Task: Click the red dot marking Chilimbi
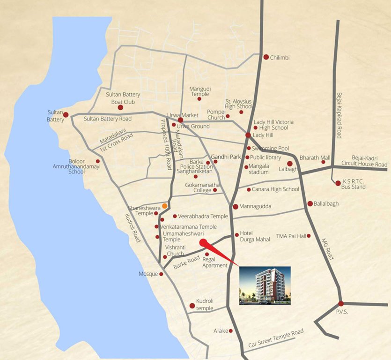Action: pyautogui.click(x=266, y=57)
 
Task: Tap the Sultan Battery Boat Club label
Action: pyautogui.click(x=123, y=98)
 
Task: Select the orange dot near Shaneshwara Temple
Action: pyautogui.click(x=165, y=205)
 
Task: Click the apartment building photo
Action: pyautogui.click(x=265, y=285)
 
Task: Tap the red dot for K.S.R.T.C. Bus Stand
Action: pyautogui.click(x=338, y=183)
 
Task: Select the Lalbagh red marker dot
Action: pyautogui.click(x=290, y=164)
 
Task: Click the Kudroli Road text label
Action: pyautogui.click(x=133, y=228)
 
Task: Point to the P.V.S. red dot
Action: pyautogui.click(x=340, y=303)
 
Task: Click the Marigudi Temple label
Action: pyautogui.click(x=200, y=91)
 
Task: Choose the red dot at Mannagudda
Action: pyautogui.click(x=236, y=206)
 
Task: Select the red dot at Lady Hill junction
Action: pyautogui.click(x=248, y=135)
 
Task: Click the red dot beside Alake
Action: pyautogui.click(x=231, y=331)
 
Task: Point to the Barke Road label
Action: pyautogui.click(x=186, y=262)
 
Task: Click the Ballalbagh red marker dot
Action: pyautogui.click(x=310, y=203)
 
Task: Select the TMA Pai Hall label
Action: pyautogui.click(x=291, y=236)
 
